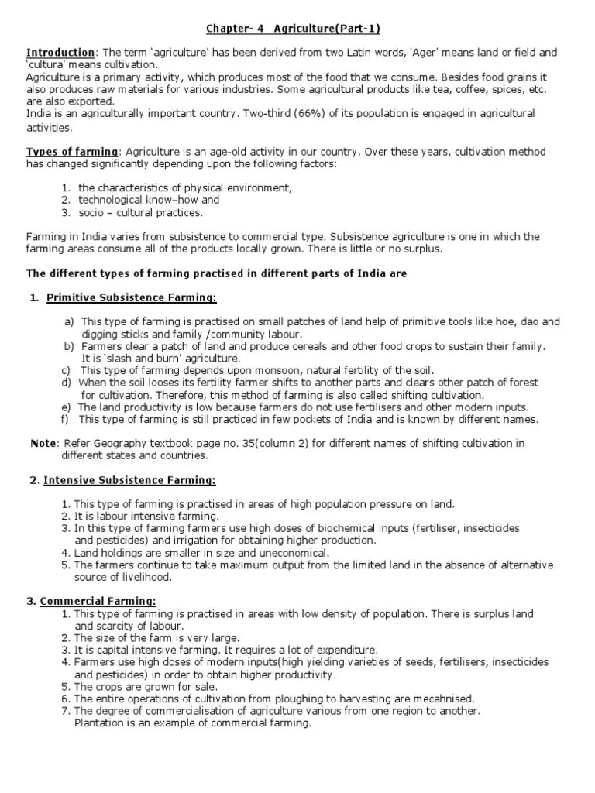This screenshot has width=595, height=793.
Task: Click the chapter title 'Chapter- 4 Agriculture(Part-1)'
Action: coord(293,29)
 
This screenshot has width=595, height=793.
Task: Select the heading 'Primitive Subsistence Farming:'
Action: coord(132,297)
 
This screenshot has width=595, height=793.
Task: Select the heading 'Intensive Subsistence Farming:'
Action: coord(129,480)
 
